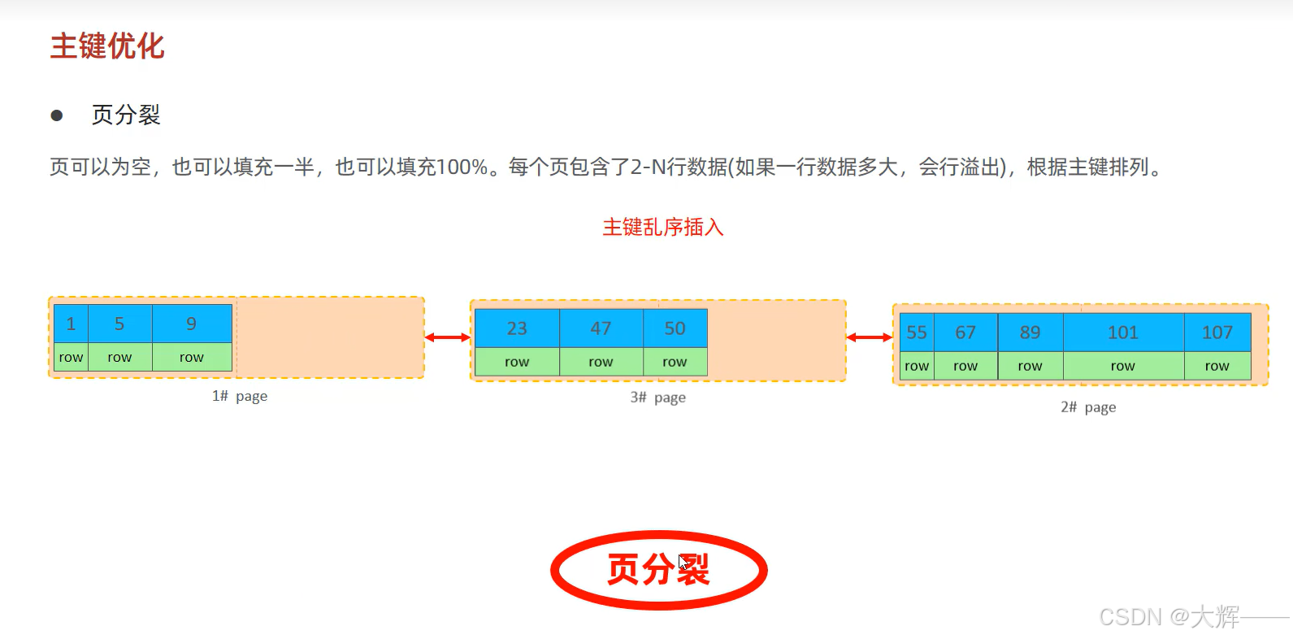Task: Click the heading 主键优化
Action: tap(107, 46)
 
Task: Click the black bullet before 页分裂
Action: tap(57, 115)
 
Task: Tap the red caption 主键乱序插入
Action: tap(662, 227)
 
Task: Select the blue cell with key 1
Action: tap(71, 324)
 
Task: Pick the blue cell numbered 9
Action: tap(192, 324)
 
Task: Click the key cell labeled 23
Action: tap(517, 328)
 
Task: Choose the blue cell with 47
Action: tap(601, 328)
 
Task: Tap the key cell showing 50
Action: tap(675, 328)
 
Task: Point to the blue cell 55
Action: tap(917, 333)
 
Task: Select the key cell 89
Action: tap(1030, 333)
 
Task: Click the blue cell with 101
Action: tap(1123, 333)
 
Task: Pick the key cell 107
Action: tap(1217, 333)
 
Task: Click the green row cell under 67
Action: tap(965, 366)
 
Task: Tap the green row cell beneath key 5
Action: tap(119, 357)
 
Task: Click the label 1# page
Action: tap(240, 396)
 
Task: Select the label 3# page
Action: tap(658, 398)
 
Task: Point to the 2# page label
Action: tap(1088, 407)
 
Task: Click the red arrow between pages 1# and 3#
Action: tap(448, 337)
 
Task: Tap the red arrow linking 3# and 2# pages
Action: tap(870, 337)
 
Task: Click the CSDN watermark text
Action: tap(1169, 617)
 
